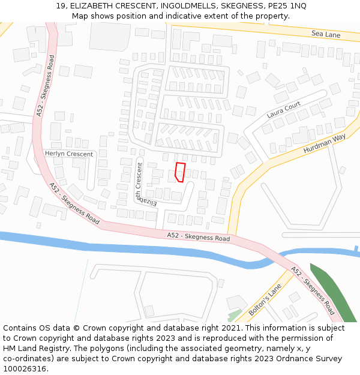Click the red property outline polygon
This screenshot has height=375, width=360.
point(179,172)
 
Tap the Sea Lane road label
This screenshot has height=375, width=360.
point(326,35)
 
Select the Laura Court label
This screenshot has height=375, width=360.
point(284,109)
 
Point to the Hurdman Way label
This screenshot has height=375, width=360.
point(325,144)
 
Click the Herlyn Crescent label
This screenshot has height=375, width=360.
point(69,154)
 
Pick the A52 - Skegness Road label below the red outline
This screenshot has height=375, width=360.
point(198,237)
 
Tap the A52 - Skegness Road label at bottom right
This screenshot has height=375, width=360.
point(313,290)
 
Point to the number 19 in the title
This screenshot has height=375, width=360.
point(60,6)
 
